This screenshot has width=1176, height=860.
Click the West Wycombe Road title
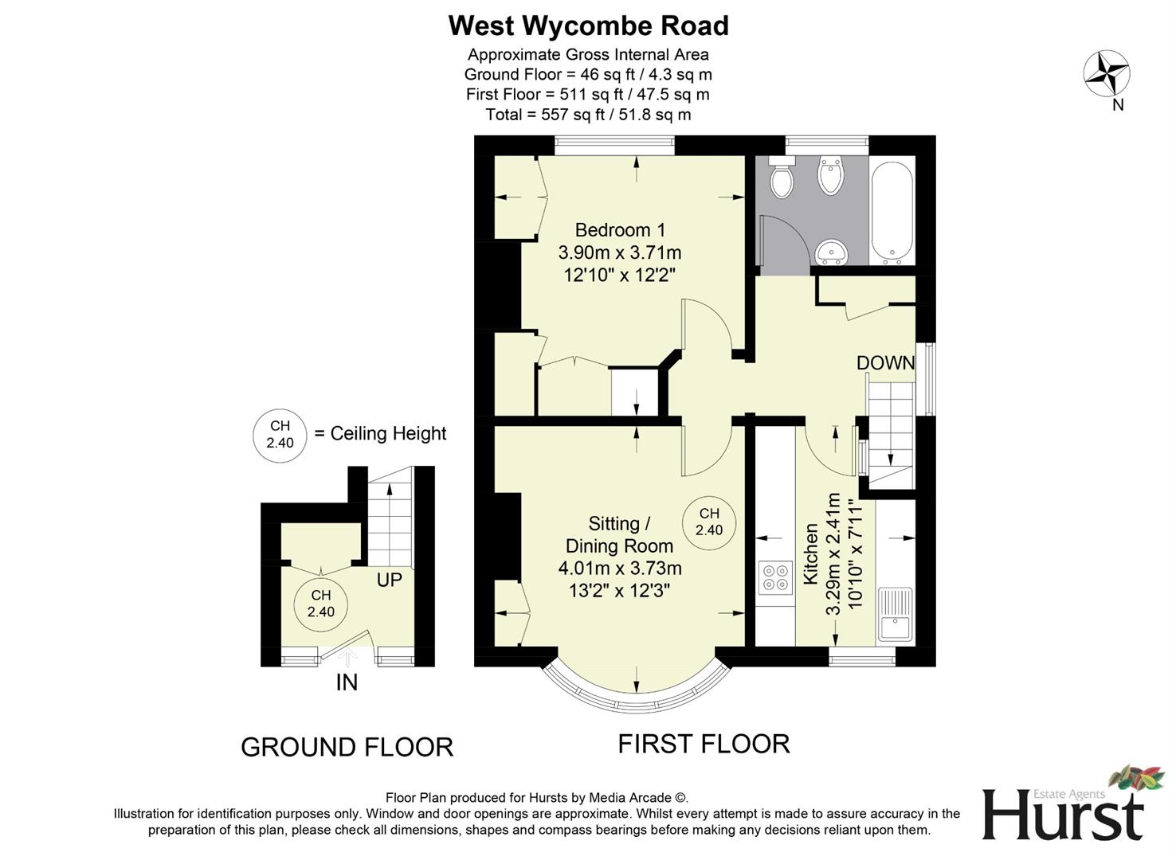pos(588,26)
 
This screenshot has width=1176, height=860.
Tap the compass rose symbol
pos(1107,73)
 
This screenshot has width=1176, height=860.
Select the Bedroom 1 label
pos(620,230)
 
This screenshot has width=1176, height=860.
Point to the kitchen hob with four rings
pos(776,577)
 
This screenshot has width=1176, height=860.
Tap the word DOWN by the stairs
pos(885,363)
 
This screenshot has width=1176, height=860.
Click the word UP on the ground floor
pos(389,580)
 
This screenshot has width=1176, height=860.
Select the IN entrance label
pos(347,682)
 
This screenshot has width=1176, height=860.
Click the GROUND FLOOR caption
pos(347,747)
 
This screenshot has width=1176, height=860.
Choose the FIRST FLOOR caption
pos(704,744)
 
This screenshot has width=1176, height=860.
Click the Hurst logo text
pos(1063,814)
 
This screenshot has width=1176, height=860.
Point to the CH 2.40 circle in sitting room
pos(709,522)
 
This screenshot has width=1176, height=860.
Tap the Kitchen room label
pos(811,554)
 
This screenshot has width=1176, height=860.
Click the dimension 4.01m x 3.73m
pos(620,569)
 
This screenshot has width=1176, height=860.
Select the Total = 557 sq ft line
pos(588,115)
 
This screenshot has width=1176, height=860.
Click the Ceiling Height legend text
pos(388,434)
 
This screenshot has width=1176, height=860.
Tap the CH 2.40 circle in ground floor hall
pos(321,604)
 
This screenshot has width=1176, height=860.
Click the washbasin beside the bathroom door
pos(832,252)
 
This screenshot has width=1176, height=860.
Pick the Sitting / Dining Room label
pos(619,534)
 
